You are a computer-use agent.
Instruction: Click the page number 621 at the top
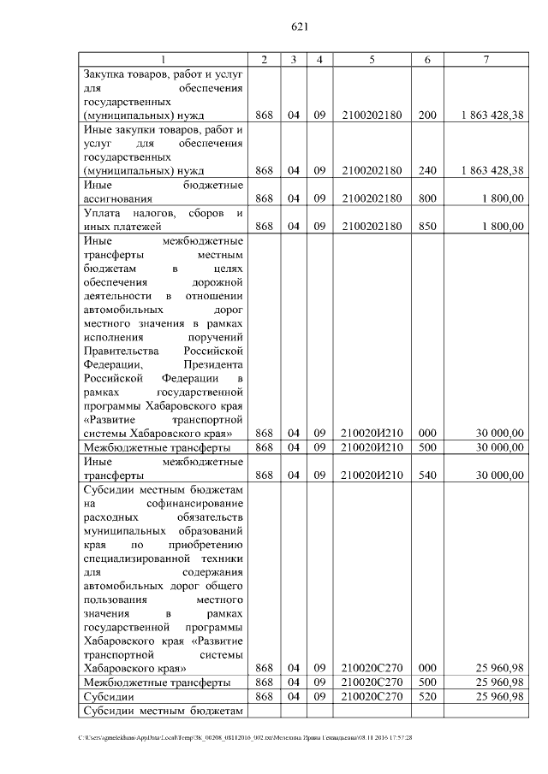[299, 27]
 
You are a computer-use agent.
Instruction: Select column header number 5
[372, 59]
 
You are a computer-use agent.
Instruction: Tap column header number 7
[485, 59]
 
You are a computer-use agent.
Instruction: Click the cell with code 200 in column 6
[427, 115]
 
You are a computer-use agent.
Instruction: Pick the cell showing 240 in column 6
[427, 170]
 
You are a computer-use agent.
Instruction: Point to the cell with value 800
[427, 198]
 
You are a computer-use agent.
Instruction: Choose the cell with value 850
[427, 226]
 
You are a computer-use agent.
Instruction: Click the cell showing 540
[427, 475]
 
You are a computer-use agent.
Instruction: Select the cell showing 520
[427, 697]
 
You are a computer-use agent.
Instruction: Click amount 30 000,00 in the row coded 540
[496, 475]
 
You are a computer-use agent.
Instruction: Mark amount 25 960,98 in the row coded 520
[496, 697]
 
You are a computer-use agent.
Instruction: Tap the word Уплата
[101, 212]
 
